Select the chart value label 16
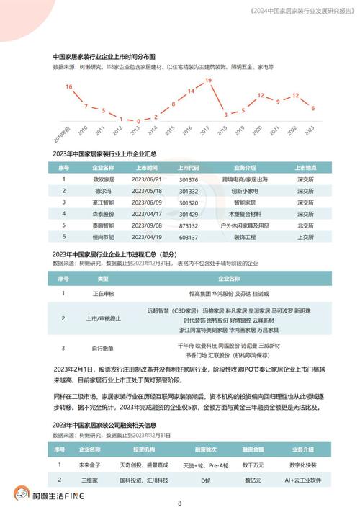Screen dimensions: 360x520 pos(69,86)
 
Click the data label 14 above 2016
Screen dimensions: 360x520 pos(191,91)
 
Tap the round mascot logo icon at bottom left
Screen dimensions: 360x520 pos(24,495)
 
